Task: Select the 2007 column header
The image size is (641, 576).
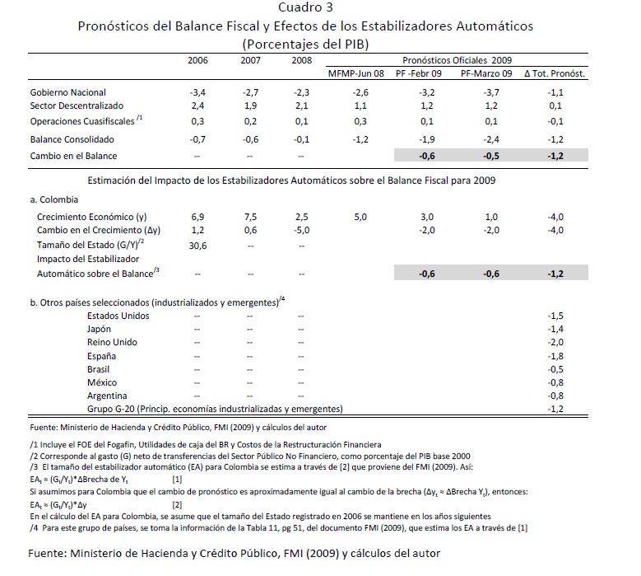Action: pos(251,60)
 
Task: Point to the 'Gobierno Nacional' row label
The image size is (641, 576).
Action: pos(68,93)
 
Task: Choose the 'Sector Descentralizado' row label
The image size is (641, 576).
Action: pos(77,106)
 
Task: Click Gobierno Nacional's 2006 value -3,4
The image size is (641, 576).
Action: pos(197,93)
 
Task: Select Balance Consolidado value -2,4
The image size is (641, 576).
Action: pos(491,139)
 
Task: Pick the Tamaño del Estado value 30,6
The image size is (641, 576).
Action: pos(197,245)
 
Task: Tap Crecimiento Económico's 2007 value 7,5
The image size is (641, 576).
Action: pos(250,216)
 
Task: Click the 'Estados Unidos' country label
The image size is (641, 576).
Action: pos(118,316)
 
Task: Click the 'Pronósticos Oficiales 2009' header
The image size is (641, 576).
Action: pos(457,60)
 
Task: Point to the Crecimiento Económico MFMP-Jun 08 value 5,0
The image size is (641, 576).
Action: pos(360,216)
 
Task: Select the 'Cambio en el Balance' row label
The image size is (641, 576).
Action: pos(73,156)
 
